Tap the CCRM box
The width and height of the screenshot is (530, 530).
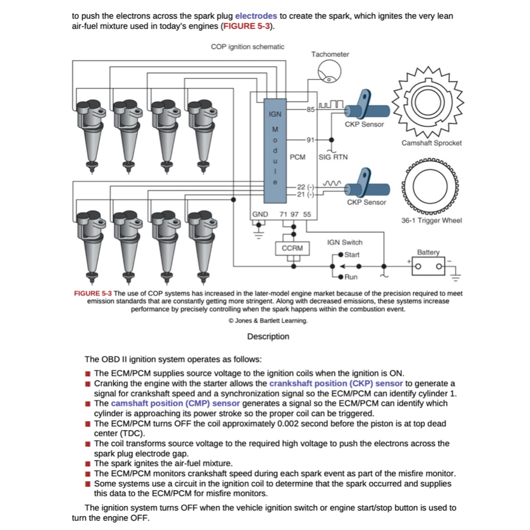tap(292, 248)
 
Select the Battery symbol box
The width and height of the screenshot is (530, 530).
tap(428, 266)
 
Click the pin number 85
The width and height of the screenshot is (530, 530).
tap(311, 109)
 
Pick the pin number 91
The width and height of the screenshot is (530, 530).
tap(311, 140)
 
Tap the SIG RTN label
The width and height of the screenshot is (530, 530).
tap(333, 157)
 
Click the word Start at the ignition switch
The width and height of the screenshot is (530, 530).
tap(351, 255)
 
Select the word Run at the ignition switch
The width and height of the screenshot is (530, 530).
tap(350, 277)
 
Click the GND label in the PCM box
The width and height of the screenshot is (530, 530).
tap(260, 214)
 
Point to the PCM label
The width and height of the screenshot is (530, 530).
tap(298, 157)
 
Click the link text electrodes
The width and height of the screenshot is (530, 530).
tap(256, 16)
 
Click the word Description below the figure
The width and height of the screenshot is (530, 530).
tap(268, 336)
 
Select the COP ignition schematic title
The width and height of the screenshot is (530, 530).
tap(247, 47)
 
